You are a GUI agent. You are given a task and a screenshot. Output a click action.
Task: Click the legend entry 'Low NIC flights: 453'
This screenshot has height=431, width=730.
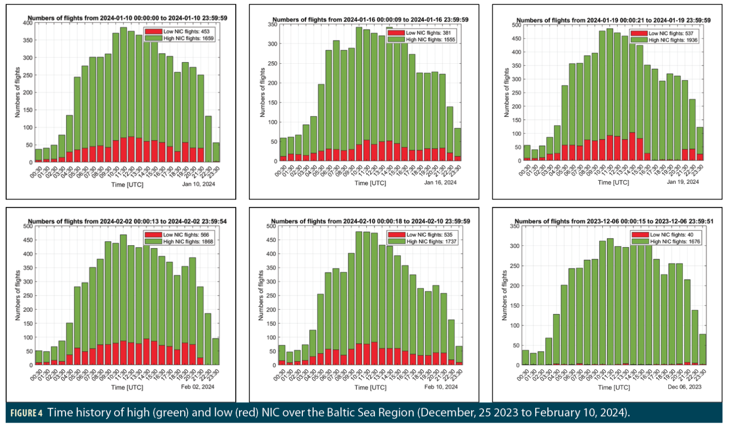(186, 31)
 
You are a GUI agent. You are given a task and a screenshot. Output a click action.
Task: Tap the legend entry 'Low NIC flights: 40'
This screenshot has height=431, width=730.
(672, 235)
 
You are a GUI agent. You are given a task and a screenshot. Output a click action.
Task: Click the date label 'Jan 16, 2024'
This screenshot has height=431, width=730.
(440, 182)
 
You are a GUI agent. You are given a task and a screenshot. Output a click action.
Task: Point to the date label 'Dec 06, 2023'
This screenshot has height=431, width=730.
(684, 387)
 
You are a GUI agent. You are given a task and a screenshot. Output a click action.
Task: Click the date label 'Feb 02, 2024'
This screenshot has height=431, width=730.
(198, 387)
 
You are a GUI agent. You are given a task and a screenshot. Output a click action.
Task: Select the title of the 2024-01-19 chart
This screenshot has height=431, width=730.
(613, 20)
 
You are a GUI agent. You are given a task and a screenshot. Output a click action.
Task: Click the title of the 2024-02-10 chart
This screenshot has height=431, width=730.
(370, 221)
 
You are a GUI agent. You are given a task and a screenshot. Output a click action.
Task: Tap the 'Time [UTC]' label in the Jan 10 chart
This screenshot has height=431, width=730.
(127, 184)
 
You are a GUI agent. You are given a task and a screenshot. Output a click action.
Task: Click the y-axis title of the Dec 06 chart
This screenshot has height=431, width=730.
(505, 296)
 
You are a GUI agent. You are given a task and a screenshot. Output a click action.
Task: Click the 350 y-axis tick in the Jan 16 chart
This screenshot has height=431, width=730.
(272, 24)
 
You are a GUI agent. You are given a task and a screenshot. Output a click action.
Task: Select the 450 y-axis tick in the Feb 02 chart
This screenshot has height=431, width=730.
(28, 240)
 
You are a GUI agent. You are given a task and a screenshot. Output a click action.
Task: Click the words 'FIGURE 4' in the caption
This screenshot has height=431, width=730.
(27, 413)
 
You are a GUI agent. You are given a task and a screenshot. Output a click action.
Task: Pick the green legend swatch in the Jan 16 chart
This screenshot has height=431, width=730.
(396, 39)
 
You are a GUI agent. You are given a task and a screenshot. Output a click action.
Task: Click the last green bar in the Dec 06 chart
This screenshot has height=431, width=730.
(702, 349)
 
